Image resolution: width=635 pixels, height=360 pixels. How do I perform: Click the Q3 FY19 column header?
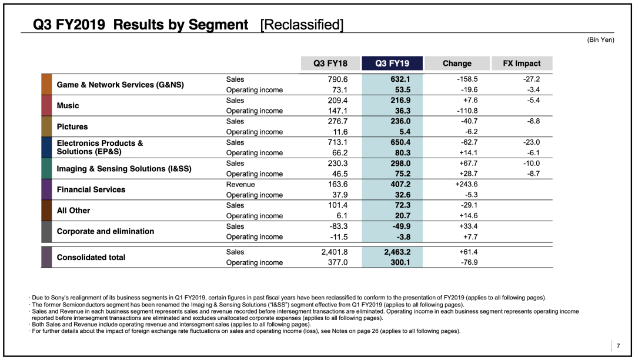392,63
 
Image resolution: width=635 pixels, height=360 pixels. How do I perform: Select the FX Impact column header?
522,63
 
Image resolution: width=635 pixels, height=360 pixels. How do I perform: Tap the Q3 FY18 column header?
330,63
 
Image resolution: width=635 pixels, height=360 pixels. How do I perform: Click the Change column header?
457,63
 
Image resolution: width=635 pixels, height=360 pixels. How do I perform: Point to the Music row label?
68,106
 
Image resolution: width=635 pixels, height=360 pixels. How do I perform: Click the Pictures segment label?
72,126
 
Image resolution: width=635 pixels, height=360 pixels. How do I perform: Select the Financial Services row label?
91,189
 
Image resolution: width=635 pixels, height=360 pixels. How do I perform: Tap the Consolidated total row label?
91,257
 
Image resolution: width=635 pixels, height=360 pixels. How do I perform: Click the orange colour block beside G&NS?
46,84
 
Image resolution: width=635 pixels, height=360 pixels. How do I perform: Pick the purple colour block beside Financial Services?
46,189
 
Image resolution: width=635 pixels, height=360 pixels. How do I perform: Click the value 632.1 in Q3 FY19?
400,79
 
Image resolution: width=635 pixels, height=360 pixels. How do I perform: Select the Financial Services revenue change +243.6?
466,184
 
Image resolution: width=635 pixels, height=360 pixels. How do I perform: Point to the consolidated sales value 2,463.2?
397,252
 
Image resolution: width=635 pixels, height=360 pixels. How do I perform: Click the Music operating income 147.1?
337,111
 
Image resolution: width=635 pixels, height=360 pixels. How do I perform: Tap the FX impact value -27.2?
532,79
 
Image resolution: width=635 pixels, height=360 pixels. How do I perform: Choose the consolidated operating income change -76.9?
469,262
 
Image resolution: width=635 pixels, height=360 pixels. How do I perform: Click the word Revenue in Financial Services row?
240,184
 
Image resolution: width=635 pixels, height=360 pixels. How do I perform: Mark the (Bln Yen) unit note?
600,39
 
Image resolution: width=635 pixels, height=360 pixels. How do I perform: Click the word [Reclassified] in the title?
302,25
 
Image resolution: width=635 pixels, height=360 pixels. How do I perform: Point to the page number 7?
618,346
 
